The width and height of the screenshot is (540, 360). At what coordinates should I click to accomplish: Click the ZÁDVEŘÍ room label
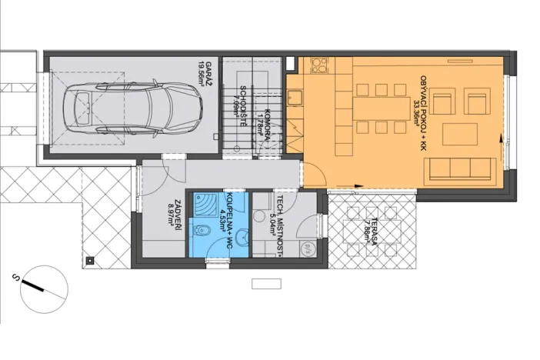(176, 210)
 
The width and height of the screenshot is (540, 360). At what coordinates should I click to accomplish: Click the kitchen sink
(295, 98)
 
